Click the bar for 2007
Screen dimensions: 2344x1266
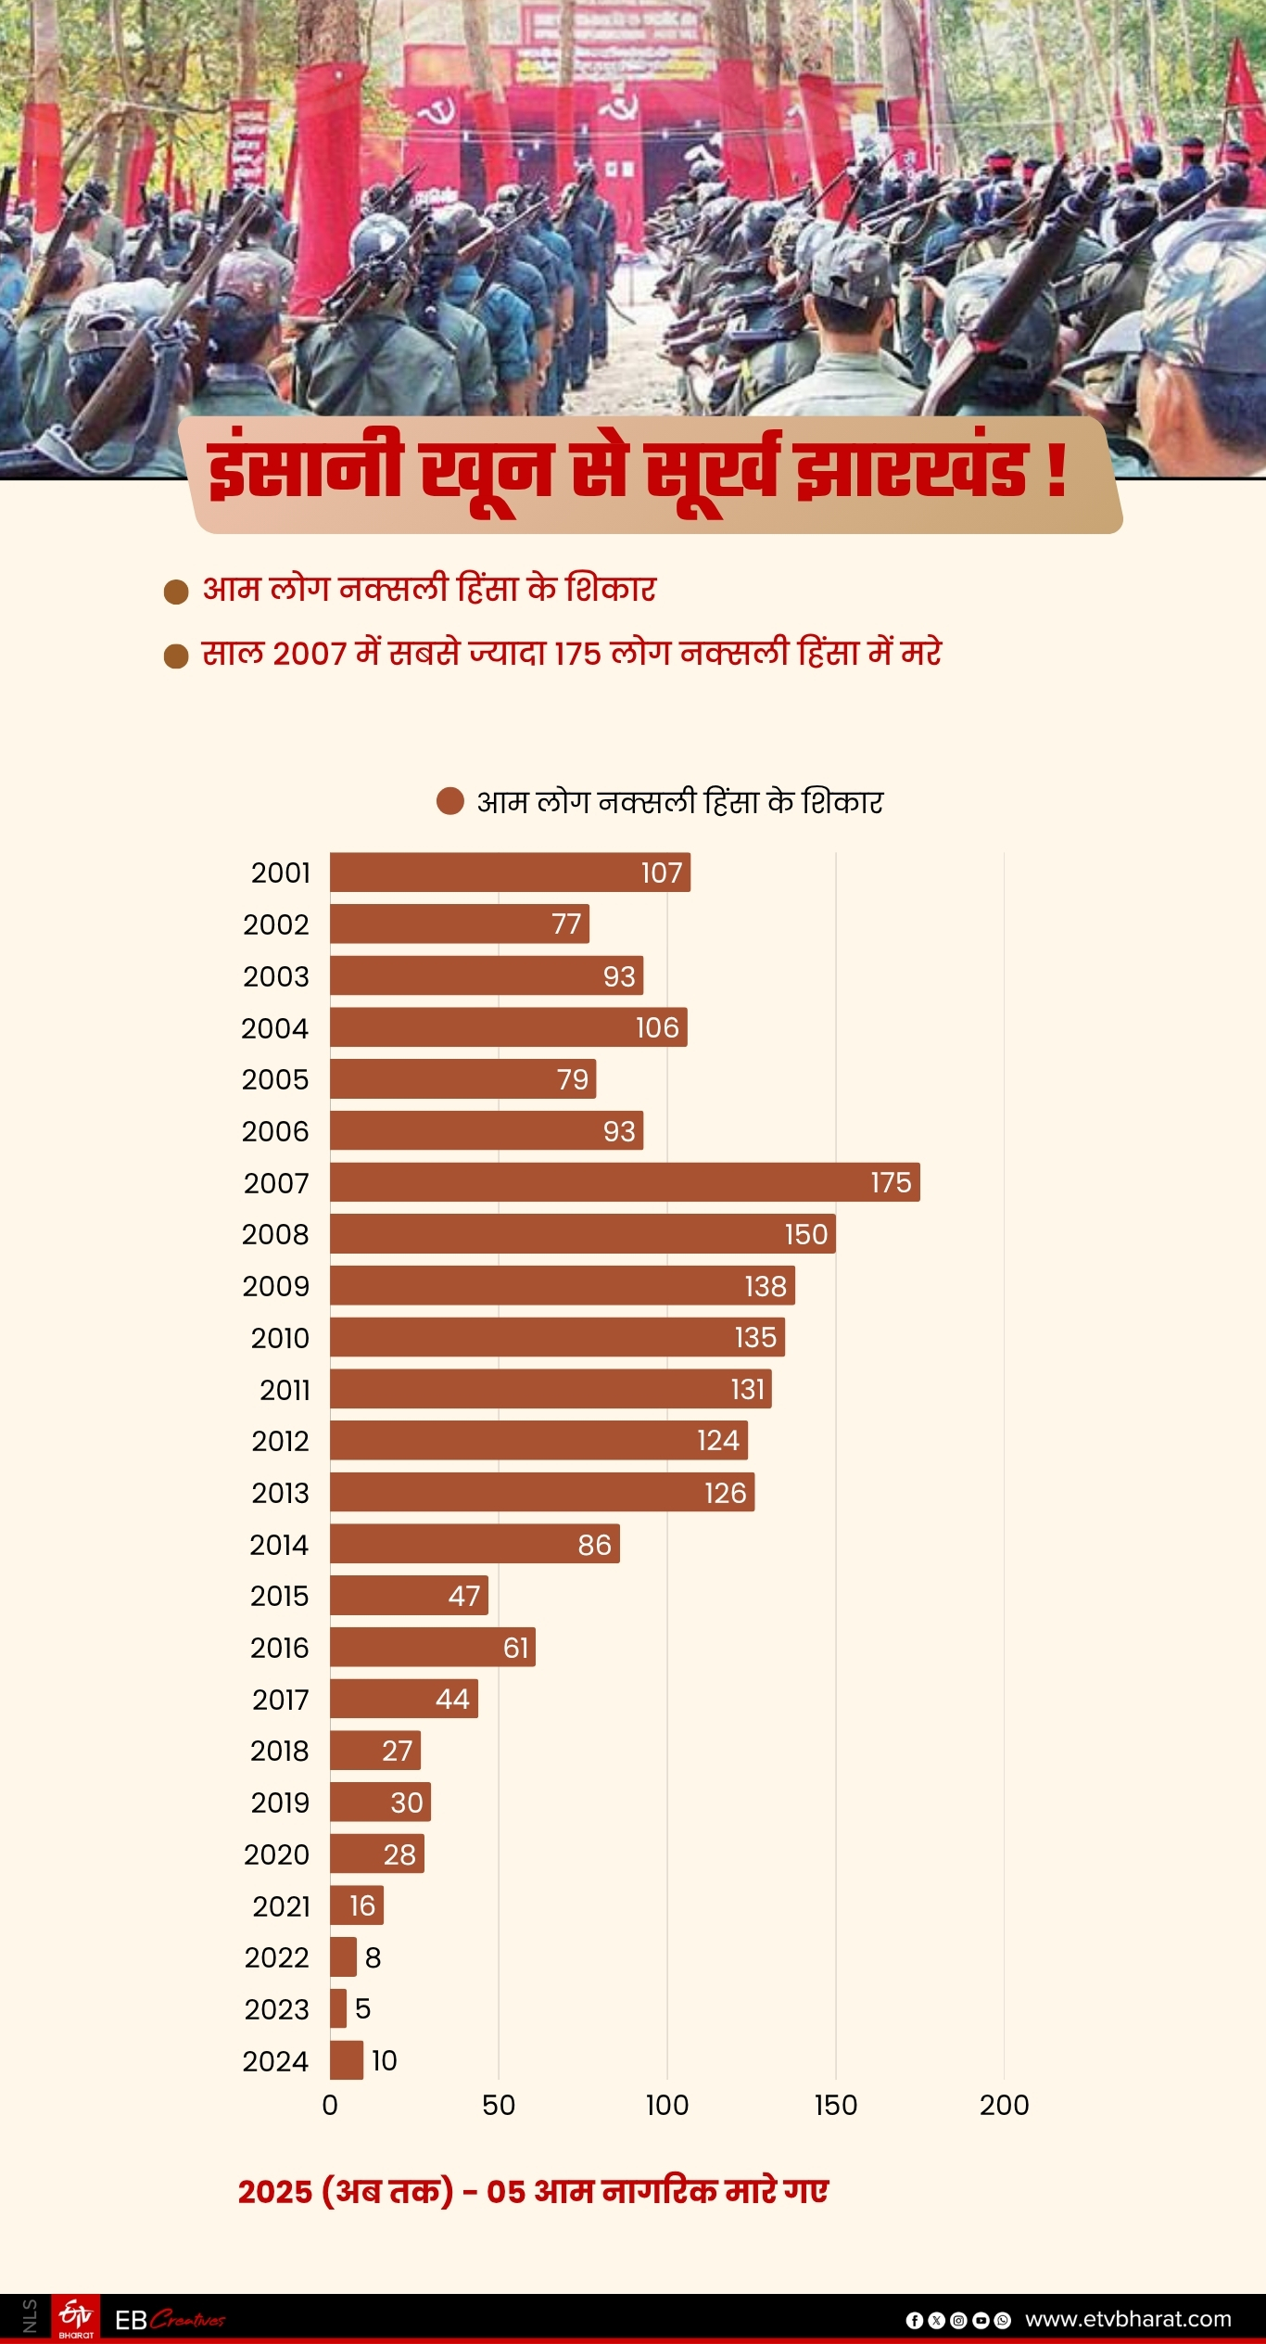[625, 1182]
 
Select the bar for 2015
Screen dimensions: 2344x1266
[409, 1595]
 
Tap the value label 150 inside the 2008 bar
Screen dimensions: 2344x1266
[805, 1234]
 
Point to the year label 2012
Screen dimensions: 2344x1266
[280, 1441]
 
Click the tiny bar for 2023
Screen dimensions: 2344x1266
[338, 2008]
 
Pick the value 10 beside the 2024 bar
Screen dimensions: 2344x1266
[384, 2060]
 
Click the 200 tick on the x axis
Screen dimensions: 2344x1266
[1004, 2105]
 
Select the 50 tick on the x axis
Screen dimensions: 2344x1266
[499, 2105]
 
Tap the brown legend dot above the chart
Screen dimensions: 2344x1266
[449, 801]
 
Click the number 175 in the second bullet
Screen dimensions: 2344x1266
[578, 654]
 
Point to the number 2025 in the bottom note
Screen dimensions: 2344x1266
[274, 2191]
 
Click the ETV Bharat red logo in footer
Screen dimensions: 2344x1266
[76, 2318]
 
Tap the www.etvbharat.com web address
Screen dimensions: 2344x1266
[1128, 2319]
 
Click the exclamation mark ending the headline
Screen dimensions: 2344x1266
[1056, 470]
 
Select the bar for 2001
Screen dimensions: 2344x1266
[510, 873]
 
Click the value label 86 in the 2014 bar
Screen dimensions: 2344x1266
[594, 1545]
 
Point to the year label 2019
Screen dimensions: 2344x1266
[280, 1803]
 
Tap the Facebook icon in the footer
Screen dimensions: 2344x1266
[914, 2320]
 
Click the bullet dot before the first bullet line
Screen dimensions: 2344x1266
[176, 592]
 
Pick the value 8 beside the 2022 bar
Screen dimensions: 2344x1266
[373, 1957]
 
